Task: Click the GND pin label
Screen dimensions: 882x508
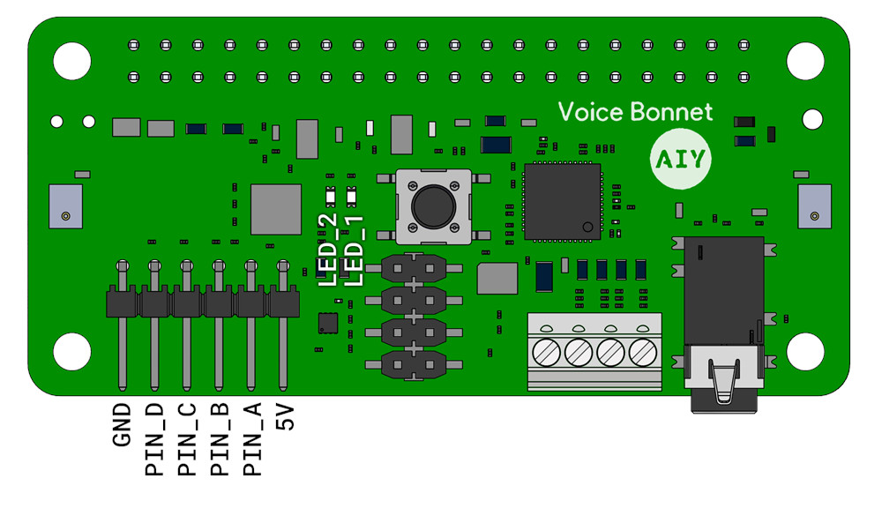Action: coord(122,425)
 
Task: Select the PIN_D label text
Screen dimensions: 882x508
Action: coord(154,439)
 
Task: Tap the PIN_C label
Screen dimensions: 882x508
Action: coord(187,439)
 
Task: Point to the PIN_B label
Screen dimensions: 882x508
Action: coord(220,439)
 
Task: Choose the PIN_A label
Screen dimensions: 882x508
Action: coord(252,439)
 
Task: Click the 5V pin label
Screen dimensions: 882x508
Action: coord(285,417)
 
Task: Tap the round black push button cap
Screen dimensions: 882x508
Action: coord(434,205)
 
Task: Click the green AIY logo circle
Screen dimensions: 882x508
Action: coord(681,159)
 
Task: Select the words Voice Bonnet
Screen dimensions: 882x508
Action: coord(635,112)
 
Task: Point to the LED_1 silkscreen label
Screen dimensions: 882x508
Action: coord(354,250)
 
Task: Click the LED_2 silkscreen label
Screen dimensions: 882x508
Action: coord(328,250)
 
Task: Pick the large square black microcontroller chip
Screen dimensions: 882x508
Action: coord(563,202)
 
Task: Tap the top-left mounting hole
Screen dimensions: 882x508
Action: coord(72,61)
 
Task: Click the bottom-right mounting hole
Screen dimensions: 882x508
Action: coord(805,352)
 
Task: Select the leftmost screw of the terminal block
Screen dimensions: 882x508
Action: coord(546,353)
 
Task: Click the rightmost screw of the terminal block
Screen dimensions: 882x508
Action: coord(643,353)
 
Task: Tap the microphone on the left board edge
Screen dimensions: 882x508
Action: coord(66,206)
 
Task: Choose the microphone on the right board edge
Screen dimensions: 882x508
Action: coord(814,206)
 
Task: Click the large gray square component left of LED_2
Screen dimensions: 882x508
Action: coord(275,209)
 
